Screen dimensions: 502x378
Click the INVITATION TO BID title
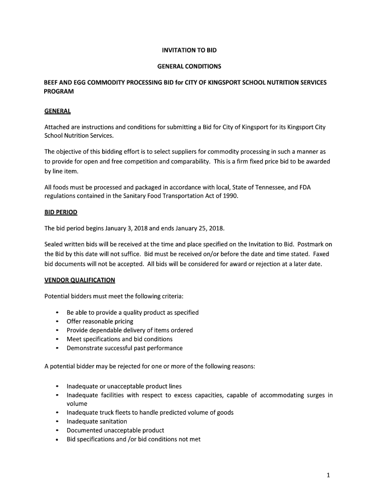189,50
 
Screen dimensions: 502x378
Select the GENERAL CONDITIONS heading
189,66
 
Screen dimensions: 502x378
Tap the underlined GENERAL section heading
57,111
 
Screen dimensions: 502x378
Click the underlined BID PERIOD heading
61,213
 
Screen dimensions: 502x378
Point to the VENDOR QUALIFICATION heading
80,280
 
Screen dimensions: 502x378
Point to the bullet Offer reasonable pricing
100,322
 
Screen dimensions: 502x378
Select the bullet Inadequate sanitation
97,422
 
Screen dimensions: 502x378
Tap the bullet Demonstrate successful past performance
125,348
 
